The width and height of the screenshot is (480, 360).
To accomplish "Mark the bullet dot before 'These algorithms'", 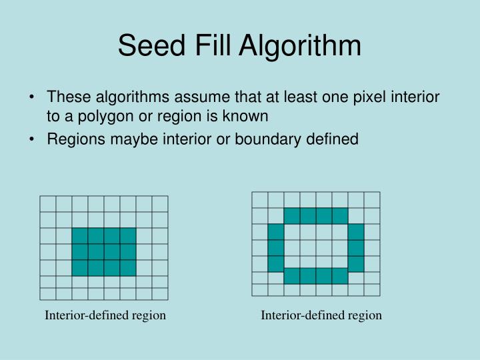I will (x=33, y=98).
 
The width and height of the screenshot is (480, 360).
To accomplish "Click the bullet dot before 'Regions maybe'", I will (x=33, y=139).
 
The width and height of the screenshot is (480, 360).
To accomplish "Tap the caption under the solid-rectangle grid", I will (x=105, y=315).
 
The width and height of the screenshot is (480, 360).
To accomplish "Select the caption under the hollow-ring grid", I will (x=321, y=315).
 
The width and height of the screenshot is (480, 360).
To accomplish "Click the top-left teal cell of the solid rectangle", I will (x=80, y=236).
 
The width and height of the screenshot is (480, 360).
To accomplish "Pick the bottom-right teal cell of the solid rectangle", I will (x=128, y=268).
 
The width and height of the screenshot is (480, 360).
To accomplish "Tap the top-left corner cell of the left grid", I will (x=48, y=204).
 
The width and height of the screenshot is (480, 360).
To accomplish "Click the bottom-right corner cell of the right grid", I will (x=372, y=289).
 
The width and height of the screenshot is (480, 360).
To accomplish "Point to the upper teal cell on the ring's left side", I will (x=276, y=232).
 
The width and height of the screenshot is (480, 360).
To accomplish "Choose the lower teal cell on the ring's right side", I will (x=356, y=264).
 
